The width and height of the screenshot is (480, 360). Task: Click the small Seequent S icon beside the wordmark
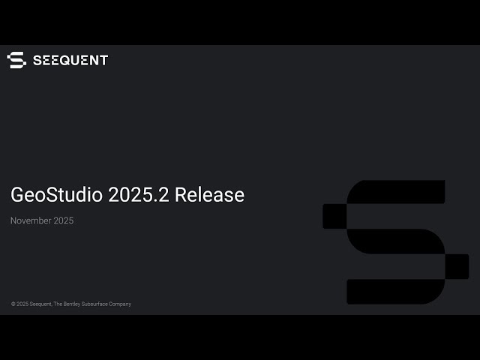tap(16, 60)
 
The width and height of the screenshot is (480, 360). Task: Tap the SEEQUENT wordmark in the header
tap(70, 60)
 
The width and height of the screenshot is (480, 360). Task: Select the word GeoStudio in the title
tap(56, 195)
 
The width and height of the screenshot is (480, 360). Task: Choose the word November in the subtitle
tap(30, 220)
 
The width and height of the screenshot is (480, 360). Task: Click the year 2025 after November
tap(63, 220)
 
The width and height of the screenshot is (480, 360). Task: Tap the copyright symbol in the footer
tap(13, 304)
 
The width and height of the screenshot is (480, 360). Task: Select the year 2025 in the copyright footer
tap(23, 304)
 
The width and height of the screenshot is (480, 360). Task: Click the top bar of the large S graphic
tap(397, 191)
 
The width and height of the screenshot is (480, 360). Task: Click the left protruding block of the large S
tap(334, 216)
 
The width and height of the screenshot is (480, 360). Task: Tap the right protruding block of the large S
tap(457, 266)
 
